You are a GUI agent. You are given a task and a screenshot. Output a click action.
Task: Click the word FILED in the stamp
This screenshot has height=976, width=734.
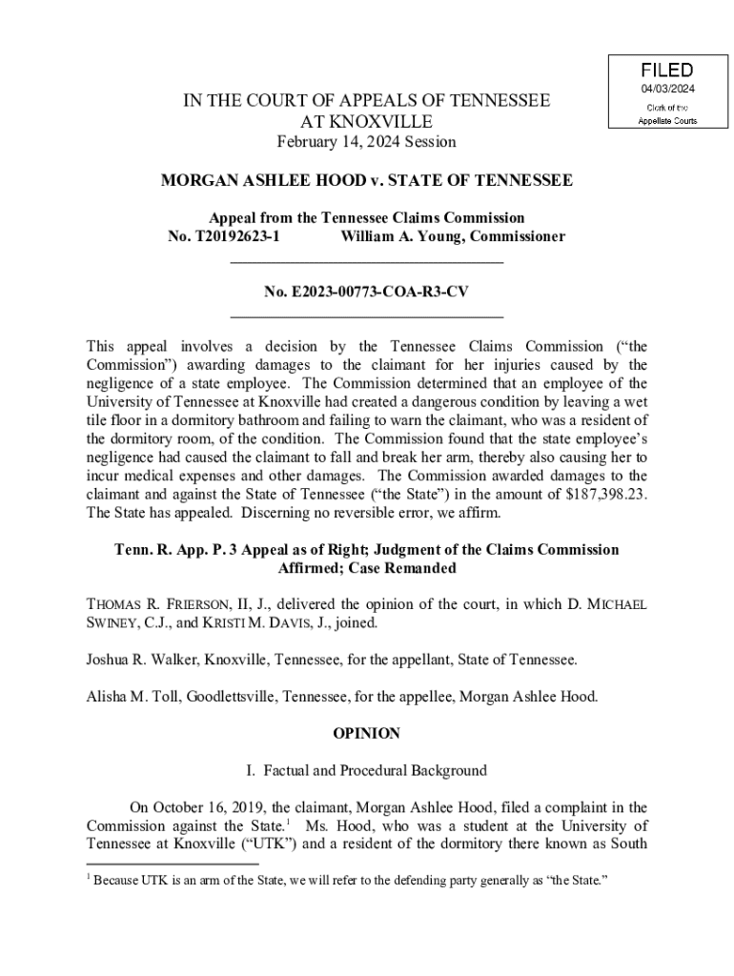click(666, 71)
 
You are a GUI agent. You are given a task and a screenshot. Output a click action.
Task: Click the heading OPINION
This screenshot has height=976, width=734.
click(366, 734)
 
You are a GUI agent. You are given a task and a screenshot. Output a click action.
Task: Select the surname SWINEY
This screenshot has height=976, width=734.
click(112, 622)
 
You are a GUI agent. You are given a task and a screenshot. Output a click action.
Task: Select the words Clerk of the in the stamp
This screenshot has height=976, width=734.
click(666, 107)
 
